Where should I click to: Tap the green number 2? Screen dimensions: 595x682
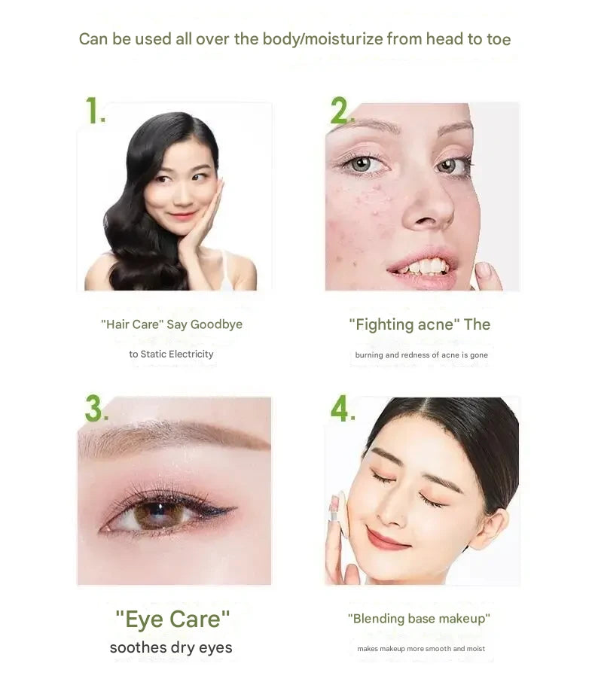pos(340,110)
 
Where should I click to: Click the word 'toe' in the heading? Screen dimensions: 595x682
pos(499,39)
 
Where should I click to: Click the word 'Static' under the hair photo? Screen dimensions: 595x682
pos(153,354)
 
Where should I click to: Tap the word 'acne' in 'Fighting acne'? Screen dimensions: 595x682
pos(435,324)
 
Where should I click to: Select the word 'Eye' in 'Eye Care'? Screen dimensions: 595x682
pos(145,620)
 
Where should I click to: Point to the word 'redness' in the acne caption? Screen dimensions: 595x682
pos(415,355)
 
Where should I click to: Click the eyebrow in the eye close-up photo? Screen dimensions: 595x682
pos(174,437)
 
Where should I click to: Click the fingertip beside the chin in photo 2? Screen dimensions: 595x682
pos(483,270)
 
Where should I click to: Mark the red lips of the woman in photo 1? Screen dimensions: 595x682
pos(183,215)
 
